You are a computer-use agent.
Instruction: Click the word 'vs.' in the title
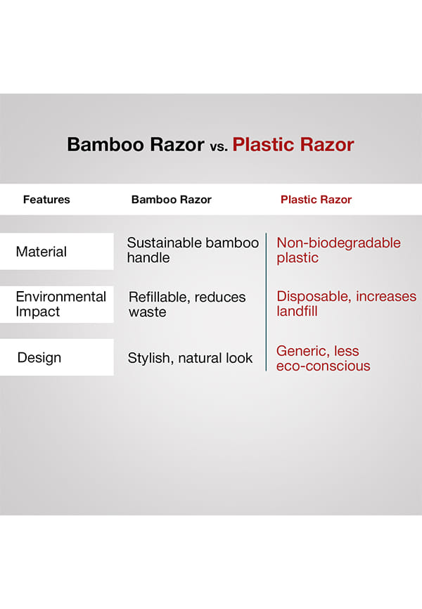pyautogui.click(x=219, y=147)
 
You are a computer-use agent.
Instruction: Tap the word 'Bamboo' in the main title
pyautogui.click(x=105, y=144)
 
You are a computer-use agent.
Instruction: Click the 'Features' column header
pyautogui.click(x=46, y=200)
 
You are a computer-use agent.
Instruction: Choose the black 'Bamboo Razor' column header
pyautogui.click(x=172, y=200)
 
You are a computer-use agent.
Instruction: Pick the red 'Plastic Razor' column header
pyautogui.click(x=316, y=200)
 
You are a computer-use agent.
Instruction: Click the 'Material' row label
pyautogui.click(x=41, y=252)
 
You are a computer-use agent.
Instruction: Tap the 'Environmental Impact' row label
pyautogui.click(x=61, y=304)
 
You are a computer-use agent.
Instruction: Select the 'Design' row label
pyautogui.click(x=39, y=358)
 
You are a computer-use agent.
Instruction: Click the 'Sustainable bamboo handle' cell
pyautogui.click(x=193, y=250)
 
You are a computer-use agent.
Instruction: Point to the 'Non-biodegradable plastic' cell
pyautogui.click(x=338, y=250)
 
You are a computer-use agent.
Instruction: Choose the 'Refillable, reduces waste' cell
pyautogui.click(x=187, y=304)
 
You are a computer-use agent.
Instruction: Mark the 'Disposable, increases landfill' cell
pyautogui.click(x=346, y=304)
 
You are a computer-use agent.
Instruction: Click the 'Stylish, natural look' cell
pyautogui.click(x=190, y=358)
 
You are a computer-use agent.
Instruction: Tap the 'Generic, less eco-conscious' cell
pyautogui.click(x=324, y=359)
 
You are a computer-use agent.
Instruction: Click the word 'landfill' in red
pyautogui.click(x=297, y=311)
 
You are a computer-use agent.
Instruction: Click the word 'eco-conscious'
pyautogui.click(x=324, y=366)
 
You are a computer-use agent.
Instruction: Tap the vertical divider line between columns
pyautogui.click(x=266, y=302)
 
